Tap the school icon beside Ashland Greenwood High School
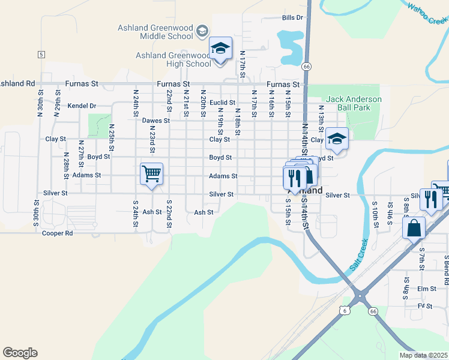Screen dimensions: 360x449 click(220, 48)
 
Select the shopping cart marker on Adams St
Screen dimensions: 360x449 click(151, 174)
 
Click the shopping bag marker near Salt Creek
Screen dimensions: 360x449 click(414, 228)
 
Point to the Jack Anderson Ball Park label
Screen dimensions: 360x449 click(354, 103)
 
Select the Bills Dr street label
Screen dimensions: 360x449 click(293, 18)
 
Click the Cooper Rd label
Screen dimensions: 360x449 click(58, 233)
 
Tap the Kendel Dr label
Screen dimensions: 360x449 click(82, 106)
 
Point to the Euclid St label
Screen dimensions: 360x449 click(222, 103)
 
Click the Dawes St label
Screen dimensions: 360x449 click(156, 121)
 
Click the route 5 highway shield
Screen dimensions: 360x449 click(41, 55)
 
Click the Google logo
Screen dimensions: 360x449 click(20, 353)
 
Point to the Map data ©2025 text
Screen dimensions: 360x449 click(423, 355)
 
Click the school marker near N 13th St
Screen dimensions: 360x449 click(337, 139)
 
